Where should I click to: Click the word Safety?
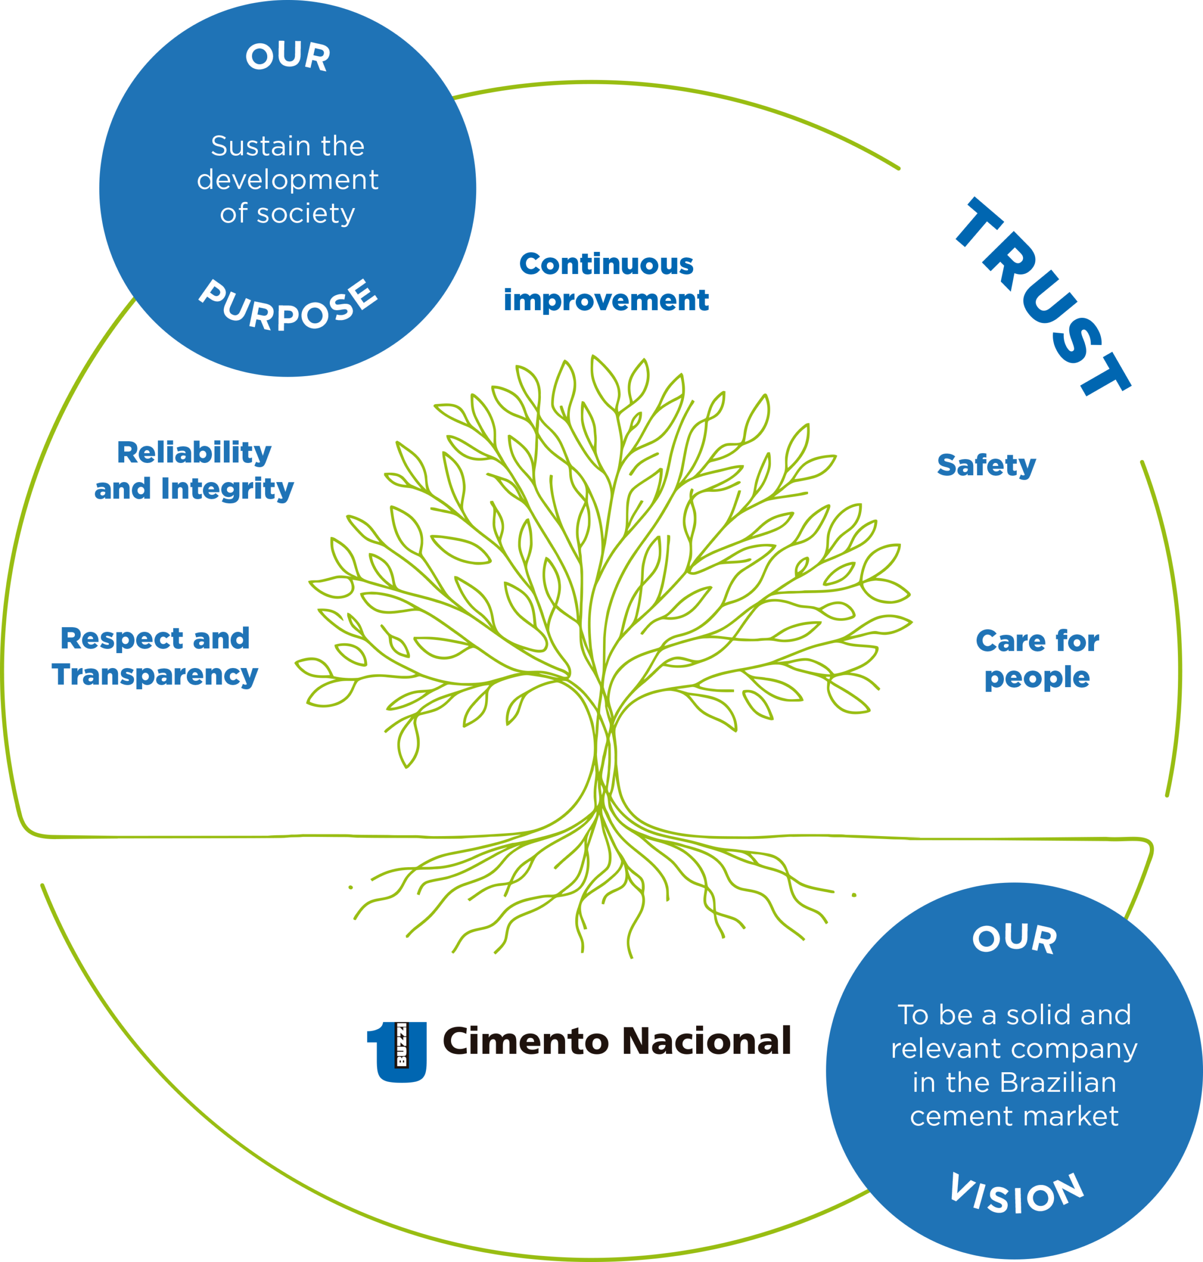(x=986, y=465)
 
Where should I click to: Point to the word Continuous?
(x=606, y=264)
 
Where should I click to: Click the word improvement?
(x=606, y=300)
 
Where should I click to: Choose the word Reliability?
(x=194, y=453)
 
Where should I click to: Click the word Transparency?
(x=154, y=675)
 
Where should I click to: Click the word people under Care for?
(x=1037, y=677)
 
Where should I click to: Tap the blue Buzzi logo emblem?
(x=397, y=1052)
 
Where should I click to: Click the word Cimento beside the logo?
(x=525, y=1042)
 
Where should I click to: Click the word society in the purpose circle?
(x=305, y=213)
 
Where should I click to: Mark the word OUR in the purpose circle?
(x=288, y=56)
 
